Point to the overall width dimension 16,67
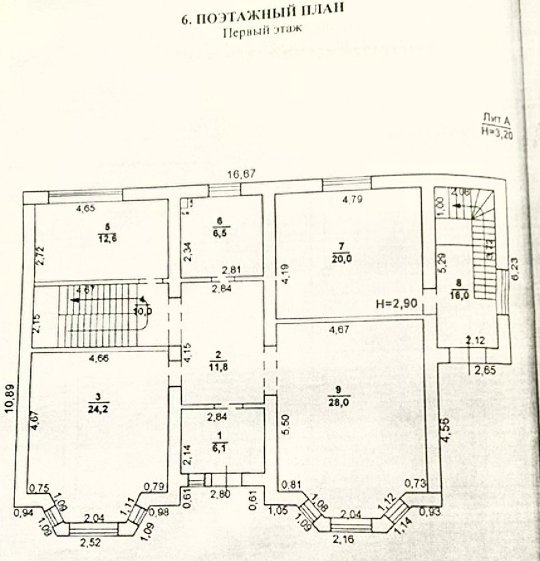[242, 174]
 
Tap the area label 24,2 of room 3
[99, 411]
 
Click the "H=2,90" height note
[397, 303]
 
